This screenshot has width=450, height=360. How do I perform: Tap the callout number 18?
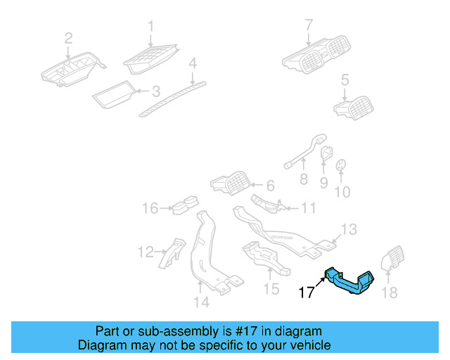389,292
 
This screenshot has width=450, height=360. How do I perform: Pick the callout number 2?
68,39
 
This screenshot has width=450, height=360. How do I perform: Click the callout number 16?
150,208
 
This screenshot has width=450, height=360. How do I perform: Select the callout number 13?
349,229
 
